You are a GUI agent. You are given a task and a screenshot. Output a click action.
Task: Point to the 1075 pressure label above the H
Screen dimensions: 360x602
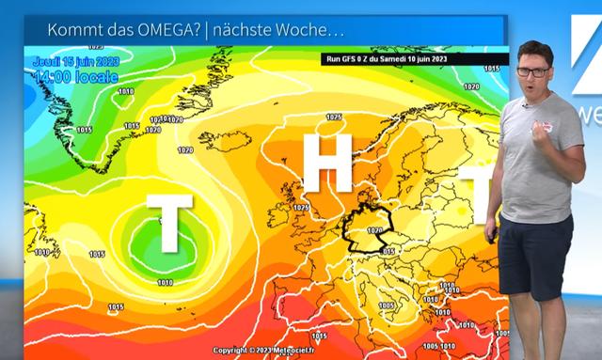click(x=333, y=117)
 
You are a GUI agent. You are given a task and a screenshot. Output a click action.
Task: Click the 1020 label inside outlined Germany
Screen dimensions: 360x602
click(x=374, y=228)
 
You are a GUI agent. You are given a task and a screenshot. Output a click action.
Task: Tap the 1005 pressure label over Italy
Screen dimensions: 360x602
click(x=385, y=306)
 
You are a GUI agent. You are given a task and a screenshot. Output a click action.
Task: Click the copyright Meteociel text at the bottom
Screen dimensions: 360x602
click(x=272, y=350)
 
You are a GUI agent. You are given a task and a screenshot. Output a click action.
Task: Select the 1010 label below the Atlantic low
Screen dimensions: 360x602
click(x=165, y=282)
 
